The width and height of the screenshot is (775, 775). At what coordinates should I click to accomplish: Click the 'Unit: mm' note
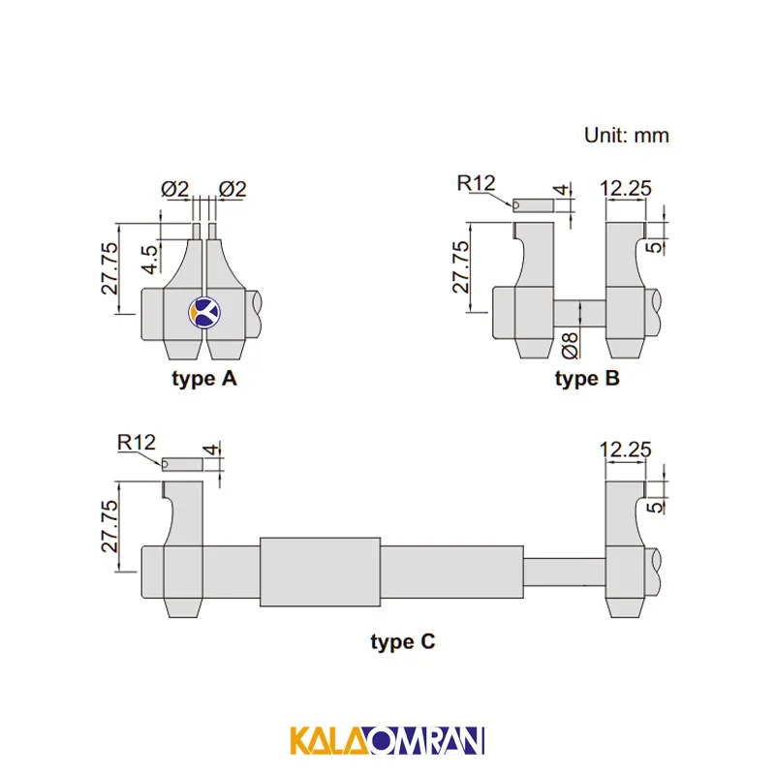[626, 136]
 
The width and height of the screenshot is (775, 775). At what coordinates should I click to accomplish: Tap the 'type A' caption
[204, 379]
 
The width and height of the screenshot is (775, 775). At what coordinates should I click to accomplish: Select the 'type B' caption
[587, 379]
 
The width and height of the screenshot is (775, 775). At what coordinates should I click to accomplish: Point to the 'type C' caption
[403, 642]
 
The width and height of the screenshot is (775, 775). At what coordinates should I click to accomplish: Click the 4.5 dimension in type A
[150, 259]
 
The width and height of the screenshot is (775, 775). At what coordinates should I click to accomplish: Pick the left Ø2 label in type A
[175, 189]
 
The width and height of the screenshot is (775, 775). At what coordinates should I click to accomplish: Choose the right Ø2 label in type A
[232, 189]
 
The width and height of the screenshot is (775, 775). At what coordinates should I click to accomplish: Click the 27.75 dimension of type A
[109, 268]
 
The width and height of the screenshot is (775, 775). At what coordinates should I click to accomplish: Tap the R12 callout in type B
[476, 183]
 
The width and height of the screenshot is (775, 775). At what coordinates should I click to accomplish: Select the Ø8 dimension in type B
[571, 345]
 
